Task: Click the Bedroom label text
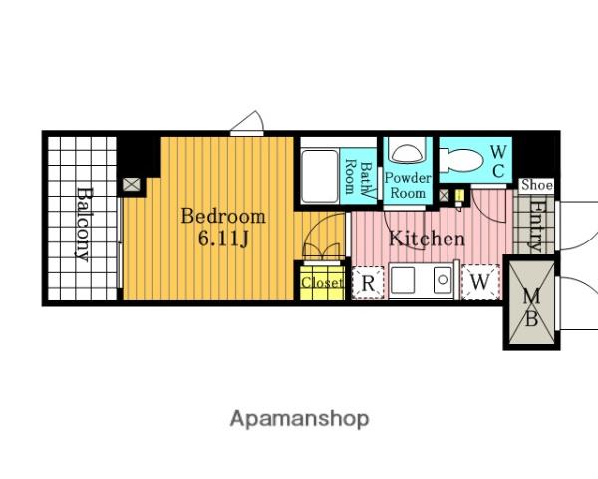223,217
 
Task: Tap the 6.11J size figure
223,239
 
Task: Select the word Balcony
83,225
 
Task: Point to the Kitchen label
427,239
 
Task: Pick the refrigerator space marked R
368,283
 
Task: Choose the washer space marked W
480,282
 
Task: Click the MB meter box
531,303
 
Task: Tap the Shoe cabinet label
536,185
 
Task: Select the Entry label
536,226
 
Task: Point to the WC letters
498,162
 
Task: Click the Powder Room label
408,185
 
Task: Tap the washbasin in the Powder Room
408,154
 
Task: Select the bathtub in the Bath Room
320,177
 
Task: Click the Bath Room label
358,178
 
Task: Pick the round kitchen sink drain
443,280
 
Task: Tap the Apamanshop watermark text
299,419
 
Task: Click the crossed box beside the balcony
132,184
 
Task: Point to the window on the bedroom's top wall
247,133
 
